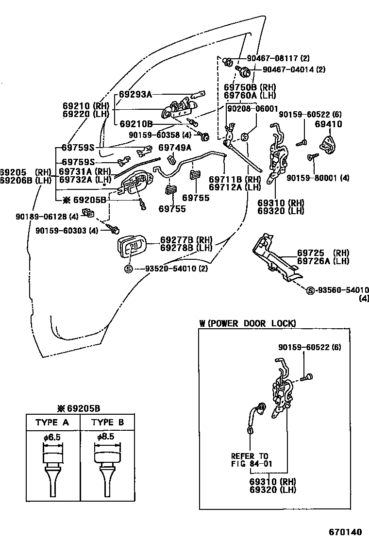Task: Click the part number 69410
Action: coord(328,124)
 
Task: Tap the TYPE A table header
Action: coord(52,422)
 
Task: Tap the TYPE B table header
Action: coord(107,422)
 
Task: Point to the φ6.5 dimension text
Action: coord(52,437)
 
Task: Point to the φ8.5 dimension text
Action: coord(105,437)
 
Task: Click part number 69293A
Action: coord(136,94)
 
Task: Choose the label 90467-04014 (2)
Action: coord(294,69)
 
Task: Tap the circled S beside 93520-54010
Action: coord(129,269)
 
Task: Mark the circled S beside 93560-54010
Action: coord(310,290)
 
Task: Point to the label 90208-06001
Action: coord(252,108)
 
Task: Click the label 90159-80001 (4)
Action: coord(318,178)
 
